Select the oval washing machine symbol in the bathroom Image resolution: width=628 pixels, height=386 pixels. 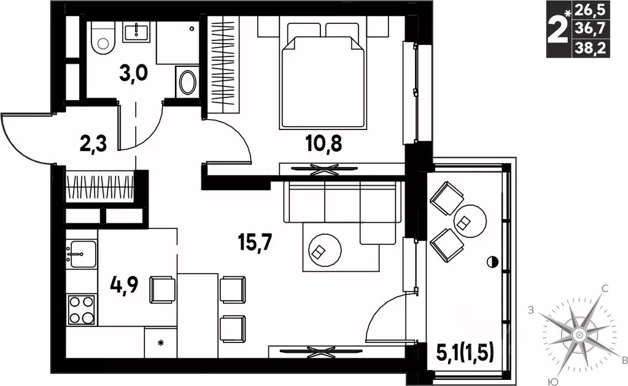[x=187, y=82]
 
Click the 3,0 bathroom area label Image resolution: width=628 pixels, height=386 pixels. [x=134, y=73]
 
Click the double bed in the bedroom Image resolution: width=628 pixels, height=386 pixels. [x=323, y=75]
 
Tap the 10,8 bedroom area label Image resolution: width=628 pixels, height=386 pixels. [x=324, y=144]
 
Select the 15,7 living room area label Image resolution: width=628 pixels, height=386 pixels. [x=255, y=242]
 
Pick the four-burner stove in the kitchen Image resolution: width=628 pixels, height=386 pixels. [x=81, y=309]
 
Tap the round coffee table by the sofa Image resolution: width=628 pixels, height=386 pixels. [x=325, y=250]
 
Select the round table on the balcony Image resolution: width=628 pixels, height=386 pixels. [x=470, y=221]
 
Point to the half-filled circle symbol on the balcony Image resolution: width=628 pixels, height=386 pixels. [x=492, y=262]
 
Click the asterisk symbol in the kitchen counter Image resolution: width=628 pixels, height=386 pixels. [x=161, y=342]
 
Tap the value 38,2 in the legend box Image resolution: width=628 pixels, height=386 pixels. [x=590, y=48]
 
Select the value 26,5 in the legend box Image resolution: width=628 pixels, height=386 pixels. [x=590, y=10]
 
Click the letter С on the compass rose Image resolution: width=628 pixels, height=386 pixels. [x=605, y=288]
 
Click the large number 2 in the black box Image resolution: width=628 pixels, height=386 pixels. [x=559, y=29]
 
